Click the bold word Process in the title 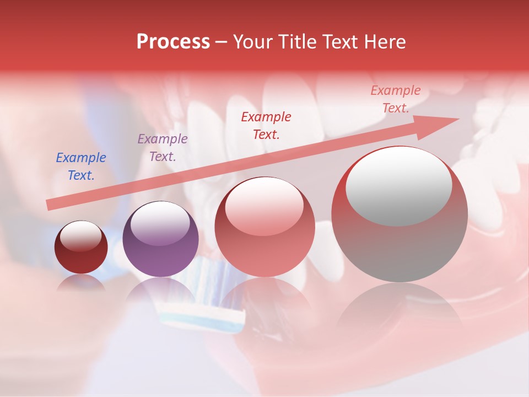click(173, 42)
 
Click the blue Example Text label click(81, 167)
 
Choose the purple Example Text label click(163, 148)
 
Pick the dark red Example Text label click(266, 125)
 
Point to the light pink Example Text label click(396, 99)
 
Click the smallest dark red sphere click(81, 248)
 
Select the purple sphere click(160, 240)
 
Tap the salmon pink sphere click(264, 227)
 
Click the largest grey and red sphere click(400, 215)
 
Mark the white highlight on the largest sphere click(398, 185)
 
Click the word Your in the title click(251, 42)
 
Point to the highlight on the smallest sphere click(81, 236)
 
